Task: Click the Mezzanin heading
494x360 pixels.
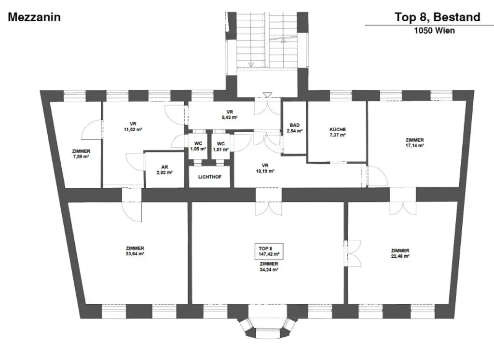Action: [34, 18]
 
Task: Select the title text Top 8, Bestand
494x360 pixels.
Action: [438, 18]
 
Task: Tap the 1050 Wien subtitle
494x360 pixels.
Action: [434, 30]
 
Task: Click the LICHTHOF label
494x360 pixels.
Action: [210, 177]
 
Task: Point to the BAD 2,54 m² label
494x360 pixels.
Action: [294, 127]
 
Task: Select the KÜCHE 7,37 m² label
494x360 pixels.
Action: [338, 132]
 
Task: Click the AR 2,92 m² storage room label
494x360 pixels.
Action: [164, 170]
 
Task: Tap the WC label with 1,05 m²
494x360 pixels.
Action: [198, 146]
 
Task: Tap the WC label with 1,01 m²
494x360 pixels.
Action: [221, 146]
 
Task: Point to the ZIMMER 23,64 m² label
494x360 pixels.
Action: [135, 250]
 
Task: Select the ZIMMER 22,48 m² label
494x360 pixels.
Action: [400, 253]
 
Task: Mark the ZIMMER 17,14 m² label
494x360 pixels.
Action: [414, 142]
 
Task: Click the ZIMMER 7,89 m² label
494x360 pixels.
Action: [81, 153]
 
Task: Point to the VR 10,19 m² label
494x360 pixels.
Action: [265, 168]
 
